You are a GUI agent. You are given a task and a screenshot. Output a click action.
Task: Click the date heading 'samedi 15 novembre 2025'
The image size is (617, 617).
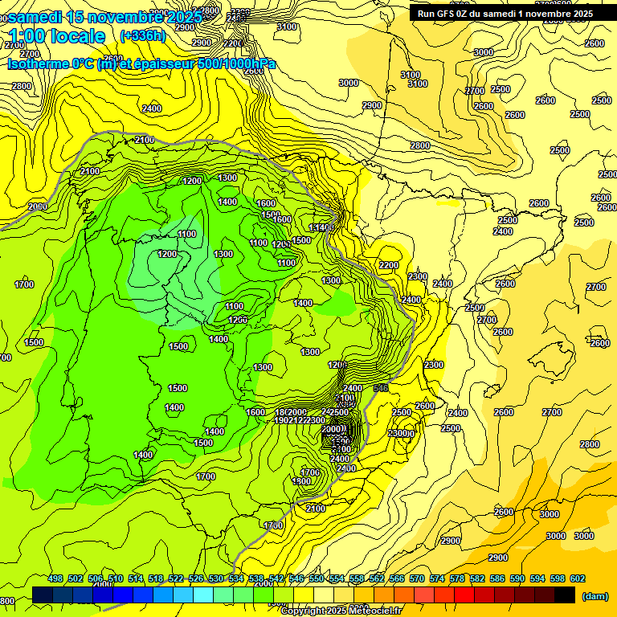(104, 16)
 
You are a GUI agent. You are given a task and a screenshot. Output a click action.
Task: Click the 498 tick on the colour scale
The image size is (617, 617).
(55, 578)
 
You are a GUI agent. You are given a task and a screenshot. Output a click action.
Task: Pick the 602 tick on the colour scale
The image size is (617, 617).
(578, 578)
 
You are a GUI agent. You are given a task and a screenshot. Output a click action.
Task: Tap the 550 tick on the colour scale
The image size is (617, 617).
(317, 578)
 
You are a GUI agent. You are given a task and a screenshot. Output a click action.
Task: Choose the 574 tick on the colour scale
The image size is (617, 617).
(437, 578)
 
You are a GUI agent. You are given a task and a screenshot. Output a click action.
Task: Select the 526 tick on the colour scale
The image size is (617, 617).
(196, 578)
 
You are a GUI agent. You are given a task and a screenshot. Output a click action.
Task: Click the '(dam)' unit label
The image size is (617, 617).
(595, 595)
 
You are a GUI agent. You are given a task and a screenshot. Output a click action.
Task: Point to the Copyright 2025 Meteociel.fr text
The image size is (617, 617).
(340, 611)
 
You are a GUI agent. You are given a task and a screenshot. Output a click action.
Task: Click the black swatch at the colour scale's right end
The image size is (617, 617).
(565, 595)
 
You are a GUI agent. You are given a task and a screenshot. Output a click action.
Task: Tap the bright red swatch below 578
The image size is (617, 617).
(464, 595)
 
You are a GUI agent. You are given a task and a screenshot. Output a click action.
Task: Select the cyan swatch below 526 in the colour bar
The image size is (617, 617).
(203, 595)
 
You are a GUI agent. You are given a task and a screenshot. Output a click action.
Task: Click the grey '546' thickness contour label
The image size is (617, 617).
(381, 388)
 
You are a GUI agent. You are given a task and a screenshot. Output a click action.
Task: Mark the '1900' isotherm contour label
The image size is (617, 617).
(303, 481)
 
